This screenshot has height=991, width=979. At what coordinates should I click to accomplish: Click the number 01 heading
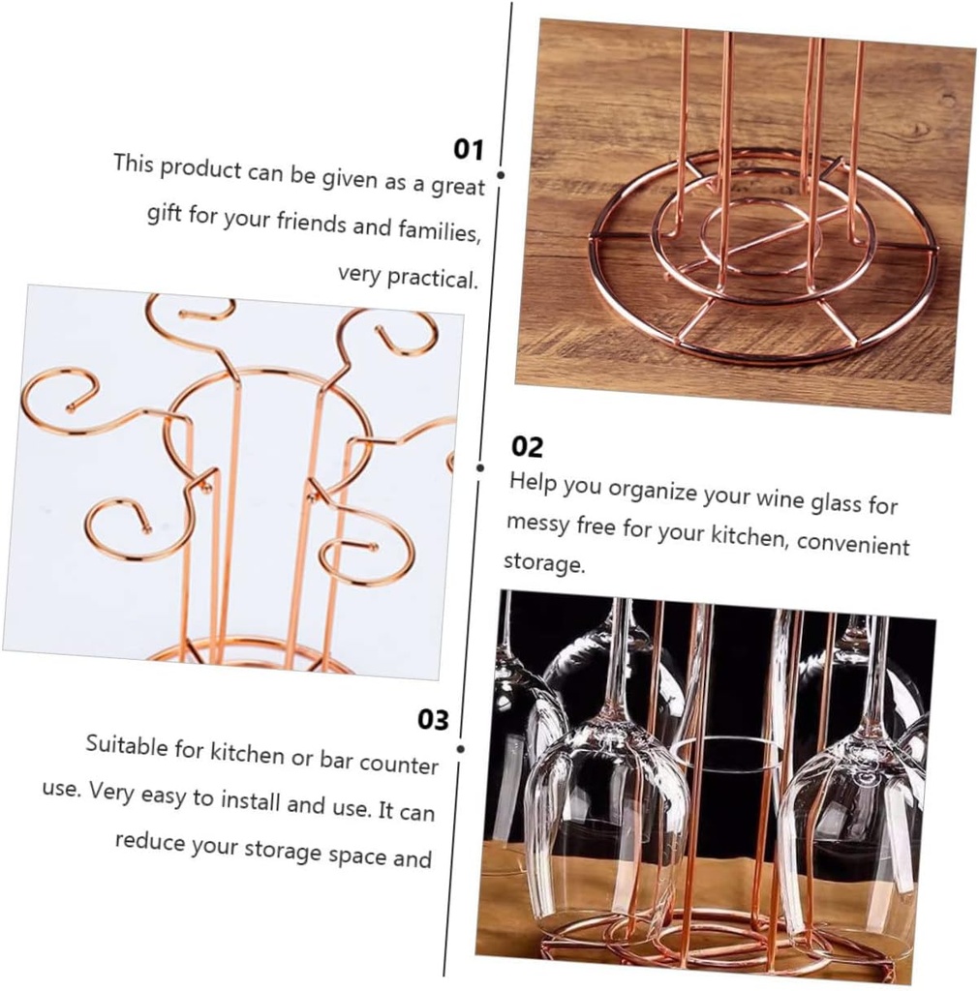coord(469,149)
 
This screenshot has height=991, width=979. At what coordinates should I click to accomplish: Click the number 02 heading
coord(527,446)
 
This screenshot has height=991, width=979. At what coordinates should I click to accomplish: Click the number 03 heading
coord(434,719)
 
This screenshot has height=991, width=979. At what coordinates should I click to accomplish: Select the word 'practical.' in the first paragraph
coord(432,279)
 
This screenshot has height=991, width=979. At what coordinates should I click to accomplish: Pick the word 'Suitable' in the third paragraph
coord(125,745)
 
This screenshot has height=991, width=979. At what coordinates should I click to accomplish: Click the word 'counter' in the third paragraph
coord(399,765)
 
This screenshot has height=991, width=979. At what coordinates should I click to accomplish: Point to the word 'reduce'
coord(149,840)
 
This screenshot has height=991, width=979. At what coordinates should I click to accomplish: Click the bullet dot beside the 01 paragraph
coord(501,176)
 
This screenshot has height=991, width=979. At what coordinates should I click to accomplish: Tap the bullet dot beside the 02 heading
coord(480,467)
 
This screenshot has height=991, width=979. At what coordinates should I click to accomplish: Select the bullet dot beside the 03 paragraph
coord(459,748)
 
